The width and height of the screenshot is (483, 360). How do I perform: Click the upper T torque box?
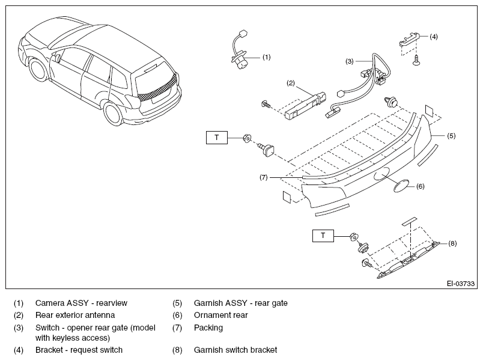[216, 138]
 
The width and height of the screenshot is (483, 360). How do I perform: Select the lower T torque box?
[323, 236]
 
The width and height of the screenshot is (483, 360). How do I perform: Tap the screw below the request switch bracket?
[416, 59]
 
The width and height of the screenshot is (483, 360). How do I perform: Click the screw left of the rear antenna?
[266, 104]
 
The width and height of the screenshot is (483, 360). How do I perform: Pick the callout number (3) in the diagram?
[349, 61]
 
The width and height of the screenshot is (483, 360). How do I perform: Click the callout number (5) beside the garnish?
[451, 136]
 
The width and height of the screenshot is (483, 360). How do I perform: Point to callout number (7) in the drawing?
[264, 177]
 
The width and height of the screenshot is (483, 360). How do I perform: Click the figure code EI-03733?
[461, 284]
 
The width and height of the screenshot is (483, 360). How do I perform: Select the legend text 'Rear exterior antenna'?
[75, 315]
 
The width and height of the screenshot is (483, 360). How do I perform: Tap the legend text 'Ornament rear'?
[221, 315]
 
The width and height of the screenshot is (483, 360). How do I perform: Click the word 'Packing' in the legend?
[208, 328]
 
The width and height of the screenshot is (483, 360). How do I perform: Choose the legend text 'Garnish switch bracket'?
[235, 350]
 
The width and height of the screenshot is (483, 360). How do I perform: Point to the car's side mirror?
[58, 58]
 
